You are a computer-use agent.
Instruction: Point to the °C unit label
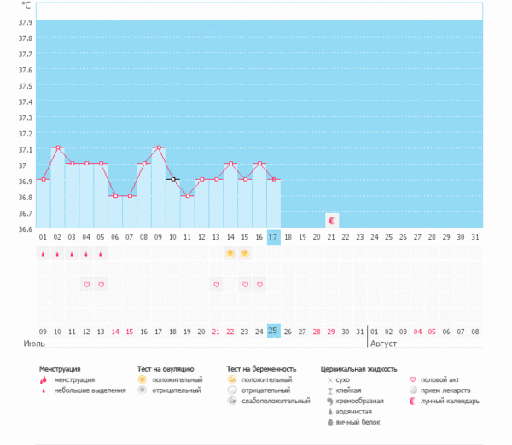(26, 5)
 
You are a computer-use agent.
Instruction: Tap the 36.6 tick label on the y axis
(25, 229)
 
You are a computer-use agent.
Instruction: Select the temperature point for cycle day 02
(57, 147)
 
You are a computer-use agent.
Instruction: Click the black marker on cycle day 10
(172, 179)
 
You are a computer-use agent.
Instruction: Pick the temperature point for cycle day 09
(158, 147)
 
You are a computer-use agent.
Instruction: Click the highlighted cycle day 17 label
(273, 236)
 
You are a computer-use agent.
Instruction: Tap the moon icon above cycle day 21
(332, 220)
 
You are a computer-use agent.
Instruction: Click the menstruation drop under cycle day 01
(43, 254)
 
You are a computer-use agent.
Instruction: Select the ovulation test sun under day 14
(230, 254)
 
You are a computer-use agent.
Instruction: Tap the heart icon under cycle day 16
(259, 284)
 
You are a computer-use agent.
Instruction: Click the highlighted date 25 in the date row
(273, 331)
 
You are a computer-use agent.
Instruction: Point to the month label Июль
(33, 344)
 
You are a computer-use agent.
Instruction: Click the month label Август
(384, 344)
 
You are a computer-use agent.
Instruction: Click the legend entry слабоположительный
(274, 401)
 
